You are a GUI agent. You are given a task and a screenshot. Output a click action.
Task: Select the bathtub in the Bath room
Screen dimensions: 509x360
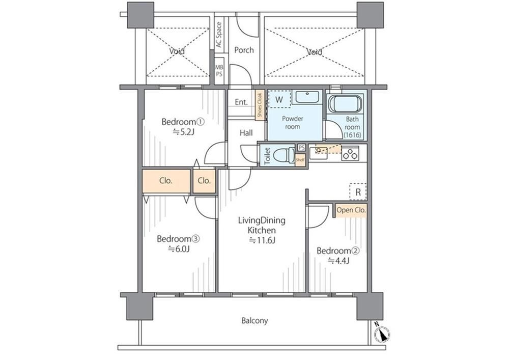pos(345,104)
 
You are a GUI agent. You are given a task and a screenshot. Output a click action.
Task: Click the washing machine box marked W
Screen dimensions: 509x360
pos(279,99)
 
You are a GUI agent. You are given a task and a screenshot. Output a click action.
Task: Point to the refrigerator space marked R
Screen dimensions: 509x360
pos(358,191)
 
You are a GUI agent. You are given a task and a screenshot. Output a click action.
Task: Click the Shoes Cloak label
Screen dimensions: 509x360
pos(260,105)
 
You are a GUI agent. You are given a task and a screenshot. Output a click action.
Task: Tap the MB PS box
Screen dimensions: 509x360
pos(219,70)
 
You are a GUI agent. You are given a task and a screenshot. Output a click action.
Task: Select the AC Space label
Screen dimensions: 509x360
pos(219,35)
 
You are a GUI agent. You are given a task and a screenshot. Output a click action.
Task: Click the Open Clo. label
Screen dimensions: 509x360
pos(351,210)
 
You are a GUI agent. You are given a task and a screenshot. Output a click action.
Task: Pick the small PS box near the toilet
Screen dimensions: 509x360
pos(301,148)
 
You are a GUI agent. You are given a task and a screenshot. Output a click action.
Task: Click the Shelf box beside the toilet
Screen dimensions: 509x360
pos(300,159)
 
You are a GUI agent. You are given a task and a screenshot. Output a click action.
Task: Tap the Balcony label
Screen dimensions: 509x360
pos(255,321)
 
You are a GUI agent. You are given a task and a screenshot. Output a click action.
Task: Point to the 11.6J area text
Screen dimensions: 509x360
pos(262,240)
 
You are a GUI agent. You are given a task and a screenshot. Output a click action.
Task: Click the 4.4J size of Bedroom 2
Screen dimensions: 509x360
pos(338,261)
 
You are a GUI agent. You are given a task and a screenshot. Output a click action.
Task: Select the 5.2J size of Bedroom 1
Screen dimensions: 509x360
pos(183,132)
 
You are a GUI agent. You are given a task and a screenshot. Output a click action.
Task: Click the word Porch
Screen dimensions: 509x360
pos(244,50)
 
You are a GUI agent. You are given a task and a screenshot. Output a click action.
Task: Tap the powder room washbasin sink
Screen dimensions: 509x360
pos(307,97)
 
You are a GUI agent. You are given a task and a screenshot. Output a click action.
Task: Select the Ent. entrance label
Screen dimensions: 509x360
pos(241,102)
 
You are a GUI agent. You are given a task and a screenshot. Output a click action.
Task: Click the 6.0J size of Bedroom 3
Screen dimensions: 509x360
pos(179,249)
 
